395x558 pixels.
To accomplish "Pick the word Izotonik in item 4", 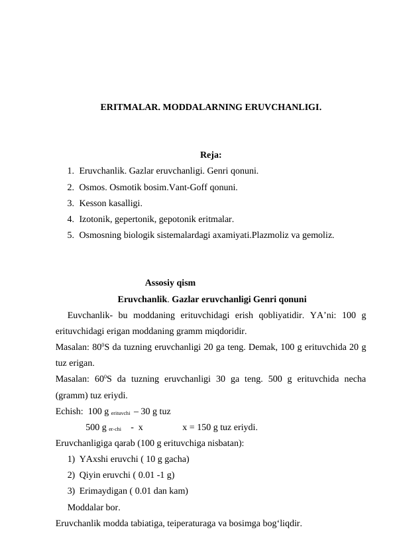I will coord(95,219).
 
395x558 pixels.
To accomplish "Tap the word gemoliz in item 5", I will coord(317,235).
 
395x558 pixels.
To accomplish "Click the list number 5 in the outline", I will coord(70,235).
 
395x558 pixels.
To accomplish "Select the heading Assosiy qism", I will coord(170,281).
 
